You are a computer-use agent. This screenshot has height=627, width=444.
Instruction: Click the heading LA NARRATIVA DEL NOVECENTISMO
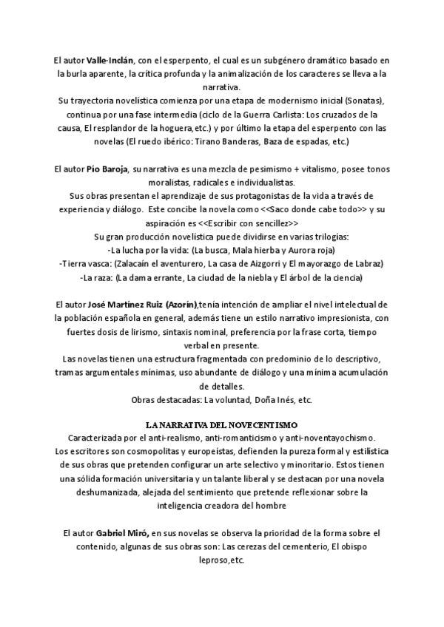click(x=221, y=425)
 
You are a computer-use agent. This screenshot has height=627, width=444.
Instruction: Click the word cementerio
click(x=303, y=546)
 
